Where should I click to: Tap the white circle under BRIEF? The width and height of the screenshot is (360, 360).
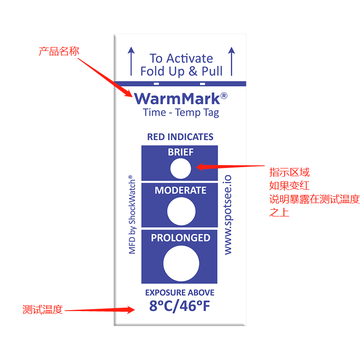point(181,169)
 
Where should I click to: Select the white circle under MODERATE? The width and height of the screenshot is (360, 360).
point(181,211)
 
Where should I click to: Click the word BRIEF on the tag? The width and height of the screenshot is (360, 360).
point(180,152)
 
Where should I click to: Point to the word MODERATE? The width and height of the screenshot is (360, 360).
point(180,190)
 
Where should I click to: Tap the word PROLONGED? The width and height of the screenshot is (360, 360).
point(180,238)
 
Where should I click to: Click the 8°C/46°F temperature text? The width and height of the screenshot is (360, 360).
point(180,306)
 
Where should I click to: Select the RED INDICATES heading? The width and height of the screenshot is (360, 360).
point(180,137)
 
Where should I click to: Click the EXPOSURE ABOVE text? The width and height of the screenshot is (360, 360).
point(180,292)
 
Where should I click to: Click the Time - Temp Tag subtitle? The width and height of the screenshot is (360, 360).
point(181,113)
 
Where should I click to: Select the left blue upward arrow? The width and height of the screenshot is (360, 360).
point(130,61)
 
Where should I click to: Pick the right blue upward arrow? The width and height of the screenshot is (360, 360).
point(231,61)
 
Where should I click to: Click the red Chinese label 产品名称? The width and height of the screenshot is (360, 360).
point(59,51)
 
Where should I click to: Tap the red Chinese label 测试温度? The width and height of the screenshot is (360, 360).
point(43,310)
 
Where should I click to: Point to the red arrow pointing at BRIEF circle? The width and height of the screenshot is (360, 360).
point(230,167)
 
